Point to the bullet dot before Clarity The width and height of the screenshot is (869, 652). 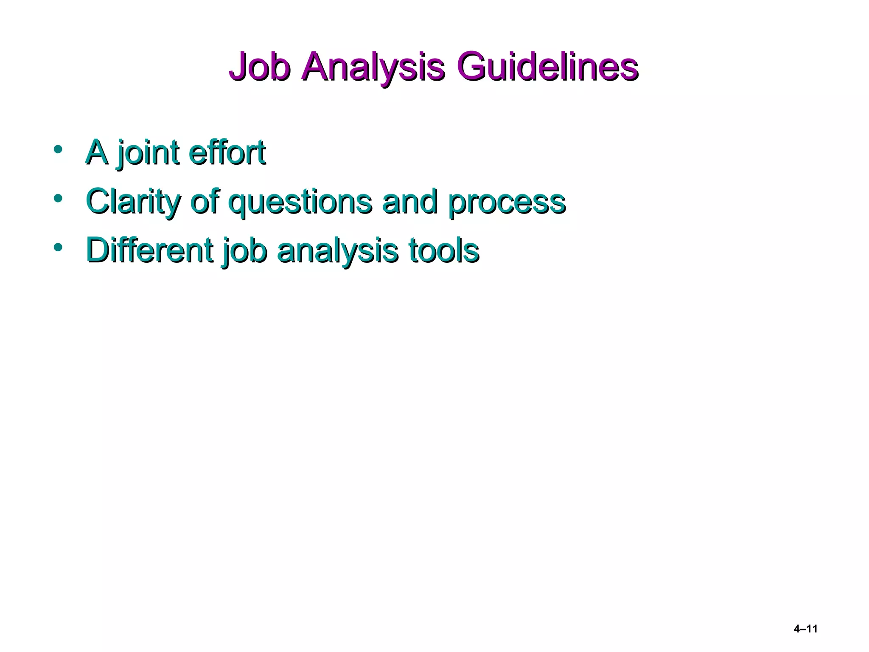(58, 198)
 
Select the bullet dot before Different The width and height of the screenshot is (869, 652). (58, 247)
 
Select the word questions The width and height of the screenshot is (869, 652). (301, 202)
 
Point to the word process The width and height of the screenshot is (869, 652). (507, 202)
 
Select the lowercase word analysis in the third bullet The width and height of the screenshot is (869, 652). (337, 251)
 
